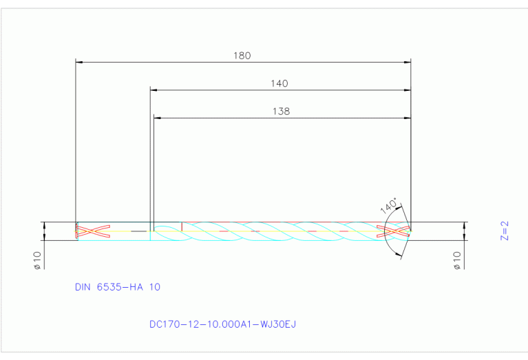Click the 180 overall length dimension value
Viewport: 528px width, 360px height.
click(242, 56)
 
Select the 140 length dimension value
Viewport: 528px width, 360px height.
click(279, 83)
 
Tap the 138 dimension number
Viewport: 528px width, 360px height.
click(282, 111)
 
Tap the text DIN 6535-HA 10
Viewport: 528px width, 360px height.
click(117, 287)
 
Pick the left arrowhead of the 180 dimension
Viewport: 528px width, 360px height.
click(78, 63)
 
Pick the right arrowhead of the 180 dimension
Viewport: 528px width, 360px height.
click(407, 63)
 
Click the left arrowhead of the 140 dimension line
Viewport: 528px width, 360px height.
click(154, 90)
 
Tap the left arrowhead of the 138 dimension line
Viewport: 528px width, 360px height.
click(157, 118)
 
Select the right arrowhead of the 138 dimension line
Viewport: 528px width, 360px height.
click(407, 118)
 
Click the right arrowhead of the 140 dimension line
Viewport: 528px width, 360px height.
click(407, 90)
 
